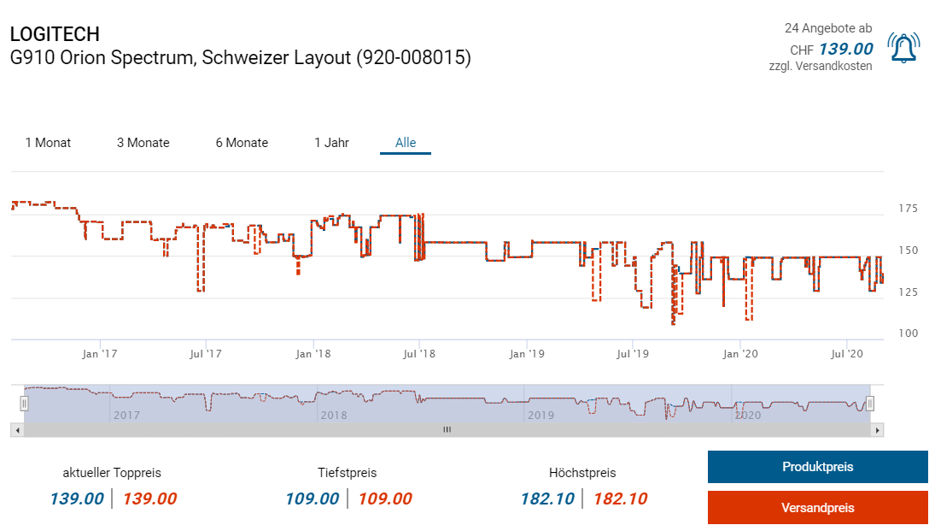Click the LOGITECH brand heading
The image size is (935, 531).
point(55,34)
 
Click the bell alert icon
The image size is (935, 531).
point(903,48)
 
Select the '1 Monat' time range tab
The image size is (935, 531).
point(48,143)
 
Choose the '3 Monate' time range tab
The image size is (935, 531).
point(143,143)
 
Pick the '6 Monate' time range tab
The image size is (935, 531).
point(242,143)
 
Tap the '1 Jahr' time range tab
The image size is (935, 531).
point(331,143)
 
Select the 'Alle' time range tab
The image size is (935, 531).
point(406,143)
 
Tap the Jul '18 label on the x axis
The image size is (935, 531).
point(418,353)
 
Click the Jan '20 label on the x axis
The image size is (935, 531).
point(739,353)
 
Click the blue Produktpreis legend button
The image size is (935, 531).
point(817,467)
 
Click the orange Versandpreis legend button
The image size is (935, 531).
point(817,508)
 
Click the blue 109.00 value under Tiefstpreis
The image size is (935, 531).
point(311,499)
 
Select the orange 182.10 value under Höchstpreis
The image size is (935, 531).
point(620,499)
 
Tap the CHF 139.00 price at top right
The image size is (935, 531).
point(844,49)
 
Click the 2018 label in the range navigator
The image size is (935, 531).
point(334,416)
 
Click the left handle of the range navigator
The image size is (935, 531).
point(25,404)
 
